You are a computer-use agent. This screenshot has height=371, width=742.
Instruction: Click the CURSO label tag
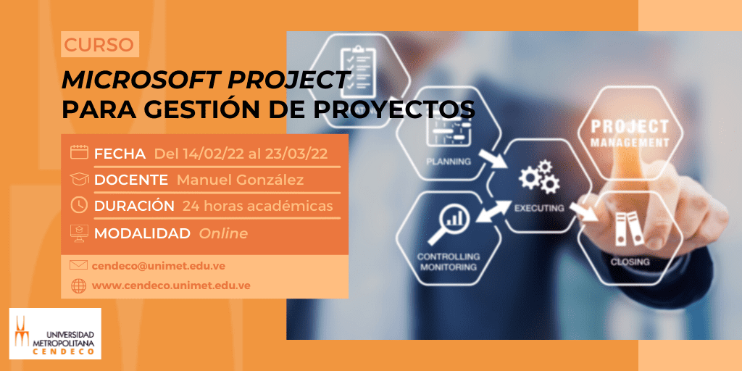tap(99, 44)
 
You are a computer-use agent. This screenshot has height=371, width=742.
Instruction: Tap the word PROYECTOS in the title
tap(393, 110)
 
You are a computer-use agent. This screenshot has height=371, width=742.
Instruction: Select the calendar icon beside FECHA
tap(79, 152)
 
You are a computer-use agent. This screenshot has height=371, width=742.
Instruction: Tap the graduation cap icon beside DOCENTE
tap(79, 179)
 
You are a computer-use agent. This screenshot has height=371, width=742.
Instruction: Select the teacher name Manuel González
tap(240, 180)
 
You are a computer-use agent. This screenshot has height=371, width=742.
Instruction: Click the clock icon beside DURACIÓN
tap(79, 205)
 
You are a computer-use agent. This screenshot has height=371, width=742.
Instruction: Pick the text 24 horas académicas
tap(257, 207)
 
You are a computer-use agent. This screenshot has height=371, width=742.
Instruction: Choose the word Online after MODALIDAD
tap(223, 233)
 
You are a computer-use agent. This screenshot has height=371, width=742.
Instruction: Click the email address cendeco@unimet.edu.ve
tap(159, 266)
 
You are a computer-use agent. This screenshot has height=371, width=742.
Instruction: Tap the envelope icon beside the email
tap(78, 265)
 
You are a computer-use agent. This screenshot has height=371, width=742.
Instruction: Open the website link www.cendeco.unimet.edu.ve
tap(171, 285)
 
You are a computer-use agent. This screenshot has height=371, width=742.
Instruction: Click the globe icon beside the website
tap(78, 285)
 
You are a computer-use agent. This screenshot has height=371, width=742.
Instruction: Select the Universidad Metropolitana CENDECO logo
tap(55, 333)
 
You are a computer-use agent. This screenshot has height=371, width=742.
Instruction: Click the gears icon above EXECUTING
tap(539, 177)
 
